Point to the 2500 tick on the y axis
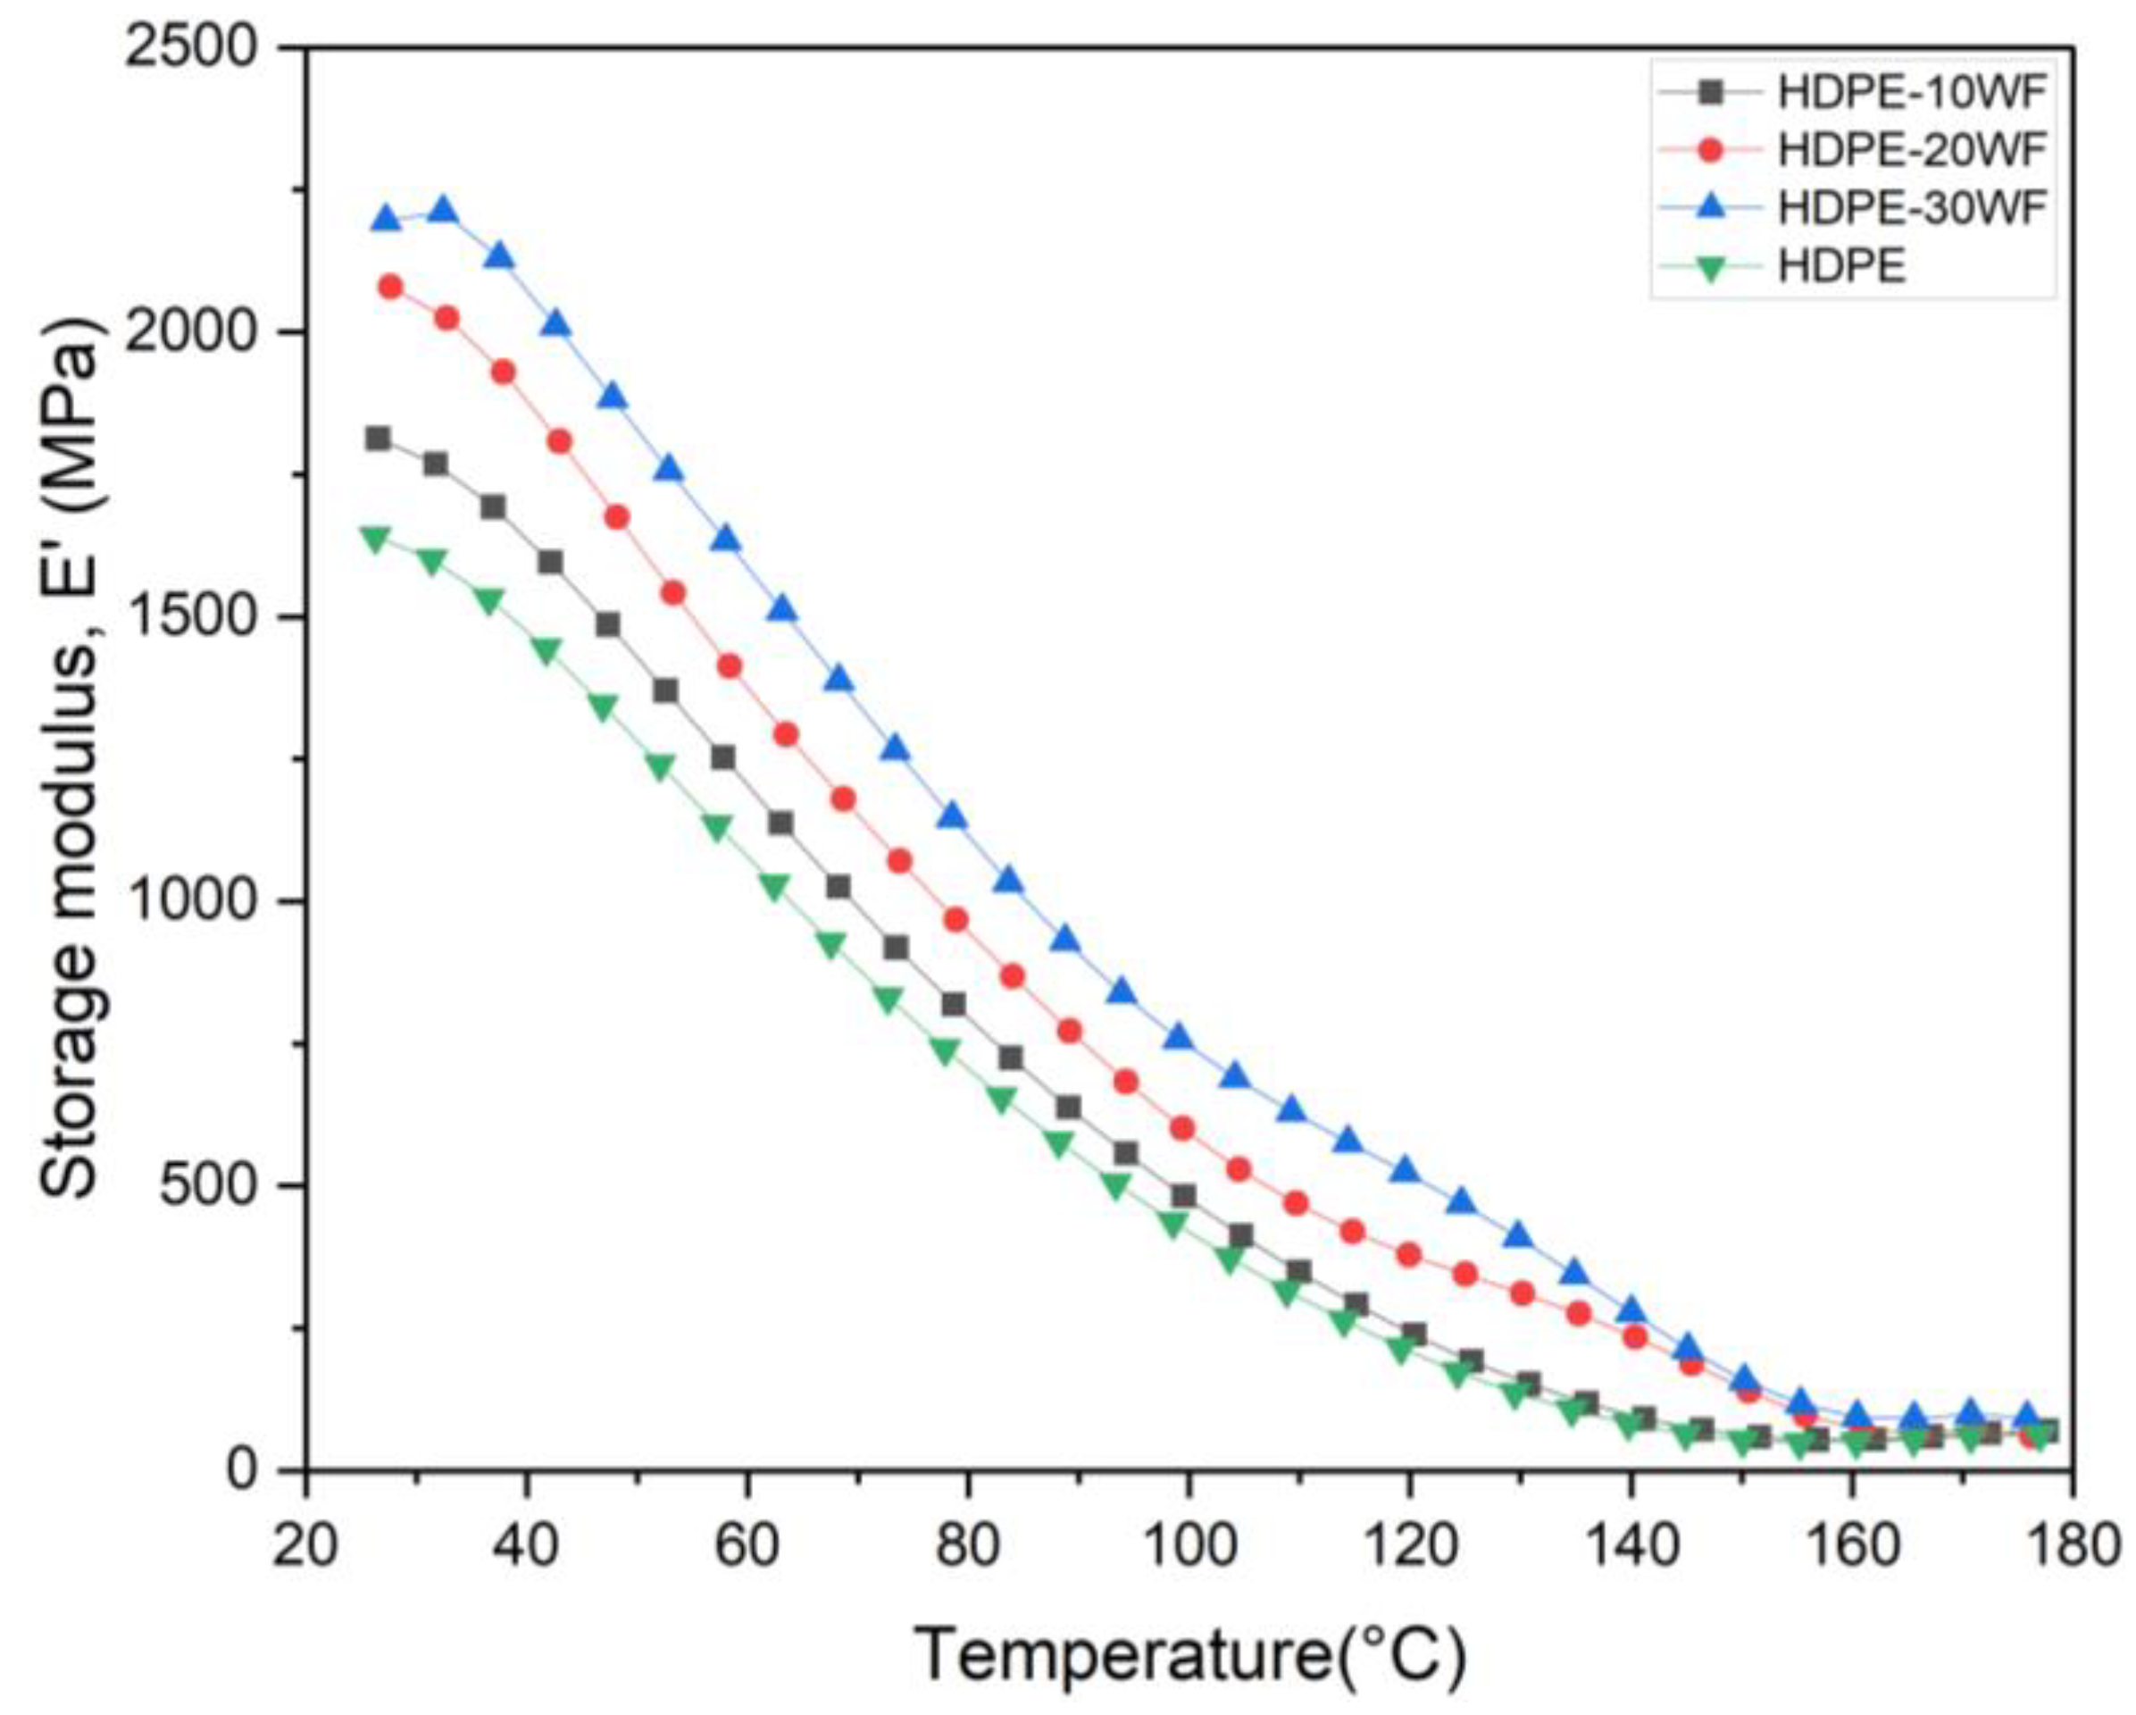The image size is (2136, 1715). (x=198, y=47)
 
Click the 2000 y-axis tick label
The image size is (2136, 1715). (x=198, y=333)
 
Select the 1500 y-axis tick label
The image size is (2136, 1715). (x=198, y=617)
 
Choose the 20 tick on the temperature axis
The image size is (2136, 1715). (x=305, y=1546)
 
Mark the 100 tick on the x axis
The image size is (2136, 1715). (x=1187, y=1546)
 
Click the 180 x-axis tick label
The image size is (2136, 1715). (x=2071, y=1546)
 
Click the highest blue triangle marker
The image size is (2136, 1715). (x=443, y=210)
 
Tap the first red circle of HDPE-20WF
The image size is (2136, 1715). (x=390, y=287)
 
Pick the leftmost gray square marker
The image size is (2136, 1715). (x=378, y=438)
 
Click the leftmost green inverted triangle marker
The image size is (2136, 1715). (x=374, y=539)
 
